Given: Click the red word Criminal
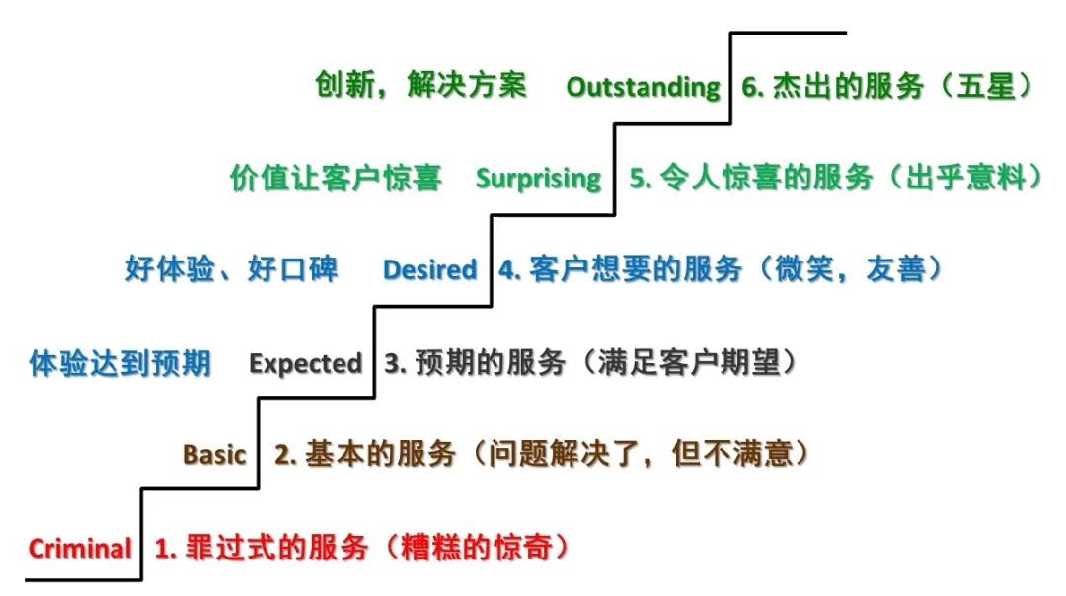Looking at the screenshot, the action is [x=80, y=548].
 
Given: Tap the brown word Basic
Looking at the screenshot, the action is [x=214, y=454].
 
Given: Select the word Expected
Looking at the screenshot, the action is [x=305, y=364].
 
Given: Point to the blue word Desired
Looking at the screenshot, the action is [x=429, y=269].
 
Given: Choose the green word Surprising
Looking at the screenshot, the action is [x=539, y=179].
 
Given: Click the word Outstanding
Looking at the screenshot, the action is [x=644, y=87].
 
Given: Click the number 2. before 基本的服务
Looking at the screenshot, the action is [x=285, y=454].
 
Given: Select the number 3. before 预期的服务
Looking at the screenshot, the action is [x=396, y=363].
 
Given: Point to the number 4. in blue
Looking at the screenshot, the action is [x=510, y=269].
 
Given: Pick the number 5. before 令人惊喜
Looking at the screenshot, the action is [x=641, y=178].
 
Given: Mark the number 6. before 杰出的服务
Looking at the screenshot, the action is [x=753, y=86].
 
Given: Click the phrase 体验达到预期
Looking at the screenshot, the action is [x=120, y=363].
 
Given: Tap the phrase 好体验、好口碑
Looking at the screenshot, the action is [x=231, y=269].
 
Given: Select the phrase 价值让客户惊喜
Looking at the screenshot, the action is [x=336, y=178].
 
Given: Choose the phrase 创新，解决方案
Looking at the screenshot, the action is [x=420, y=85].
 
